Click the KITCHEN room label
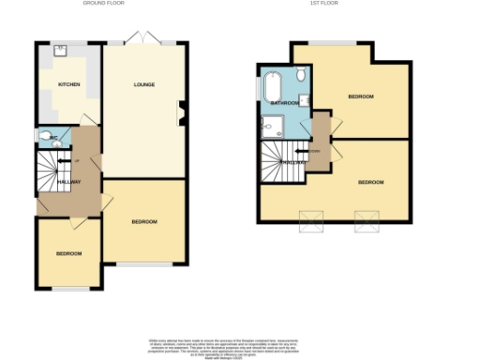coord(69,85)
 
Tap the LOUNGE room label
coord(143,85)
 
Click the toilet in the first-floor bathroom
coord(300,75)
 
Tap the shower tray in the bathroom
coord(274,125)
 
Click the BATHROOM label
coord(284,101)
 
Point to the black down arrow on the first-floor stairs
coord(298,150)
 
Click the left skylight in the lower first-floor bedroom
coord(309,221)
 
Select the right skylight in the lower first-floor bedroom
coord(366,221)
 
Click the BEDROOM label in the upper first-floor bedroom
coord(361,97)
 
